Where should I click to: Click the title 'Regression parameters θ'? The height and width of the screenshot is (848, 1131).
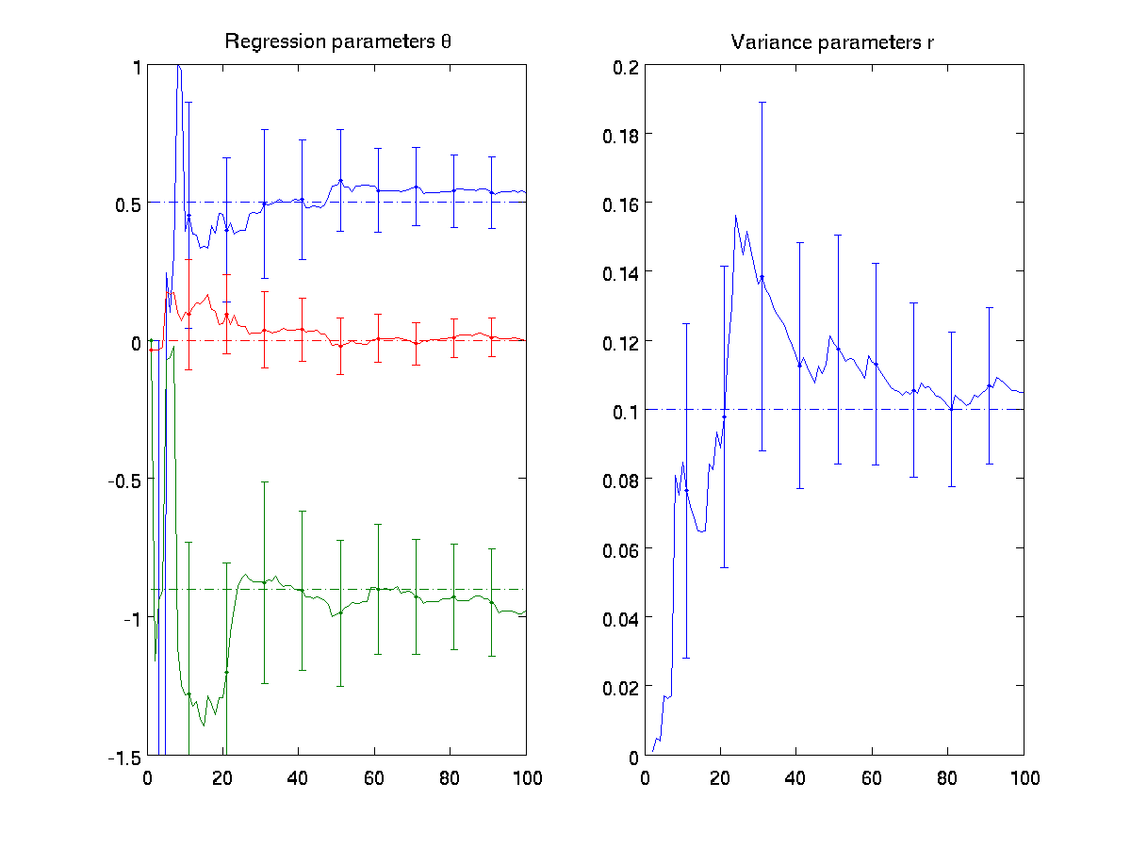point(336,41)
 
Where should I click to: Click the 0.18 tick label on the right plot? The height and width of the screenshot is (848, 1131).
point(619,135)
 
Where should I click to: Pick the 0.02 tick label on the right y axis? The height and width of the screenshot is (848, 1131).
point(619,687)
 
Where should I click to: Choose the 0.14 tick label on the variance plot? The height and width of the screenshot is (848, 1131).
point(619,273)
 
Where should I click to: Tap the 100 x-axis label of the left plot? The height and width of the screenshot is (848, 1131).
point(526,778)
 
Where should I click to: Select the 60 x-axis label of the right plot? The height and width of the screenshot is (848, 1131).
point(872,778)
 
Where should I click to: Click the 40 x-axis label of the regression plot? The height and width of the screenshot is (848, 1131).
point(299,778)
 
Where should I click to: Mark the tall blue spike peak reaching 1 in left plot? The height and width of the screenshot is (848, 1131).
point(178,67)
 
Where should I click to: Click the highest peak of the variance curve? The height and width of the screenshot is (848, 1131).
point(735,216)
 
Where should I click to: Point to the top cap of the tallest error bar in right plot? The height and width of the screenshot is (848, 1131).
point(762,102)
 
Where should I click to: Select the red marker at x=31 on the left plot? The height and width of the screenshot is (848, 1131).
point(265,330)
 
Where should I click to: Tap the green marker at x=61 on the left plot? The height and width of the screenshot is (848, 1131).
point(378,589)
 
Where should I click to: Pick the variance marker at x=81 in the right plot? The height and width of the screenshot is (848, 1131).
point(952,409)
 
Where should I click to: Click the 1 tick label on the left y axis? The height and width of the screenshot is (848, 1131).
point(137,67)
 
